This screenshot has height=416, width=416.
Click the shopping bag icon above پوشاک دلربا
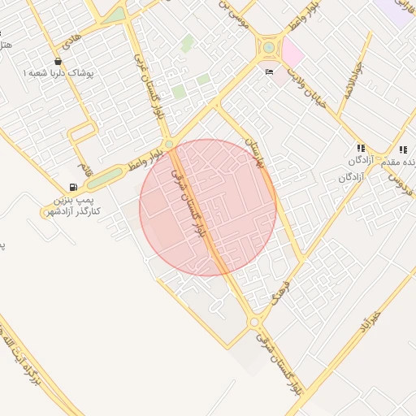tap(58, 61)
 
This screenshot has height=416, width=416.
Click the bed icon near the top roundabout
tap(269, 71)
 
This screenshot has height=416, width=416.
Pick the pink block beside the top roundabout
tap(292, 53)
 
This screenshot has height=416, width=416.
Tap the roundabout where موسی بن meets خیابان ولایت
tap(268, 47)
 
